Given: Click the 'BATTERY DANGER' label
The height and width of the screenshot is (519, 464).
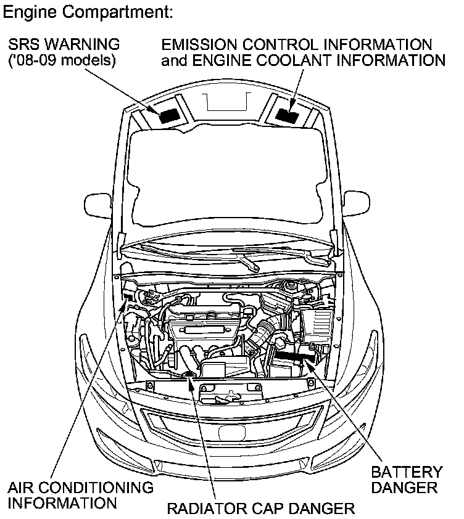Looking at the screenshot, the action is pos(407,480).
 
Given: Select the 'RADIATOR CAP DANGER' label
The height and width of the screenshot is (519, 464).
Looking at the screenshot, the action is pos(261,509).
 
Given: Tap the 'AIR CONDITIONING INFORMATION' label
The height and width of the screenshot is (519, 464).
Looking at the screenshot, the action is pos(80,494).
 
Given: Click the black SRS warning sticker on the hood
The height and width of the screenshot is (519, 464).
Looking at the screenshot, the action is pos(168,115).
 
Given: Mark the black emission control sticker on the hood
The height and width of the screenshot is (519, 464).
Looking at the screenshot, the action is pos(285,115).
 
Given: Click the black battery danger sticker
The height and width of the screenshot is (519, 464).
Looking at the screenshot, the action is pos(296,356).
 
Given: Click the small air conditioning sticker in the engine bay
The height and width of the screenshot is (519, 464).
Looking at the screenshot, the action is pos(128,298).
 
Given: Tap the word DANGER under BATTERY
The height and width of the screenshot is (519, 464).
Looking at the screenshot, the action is pos(407,488).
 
